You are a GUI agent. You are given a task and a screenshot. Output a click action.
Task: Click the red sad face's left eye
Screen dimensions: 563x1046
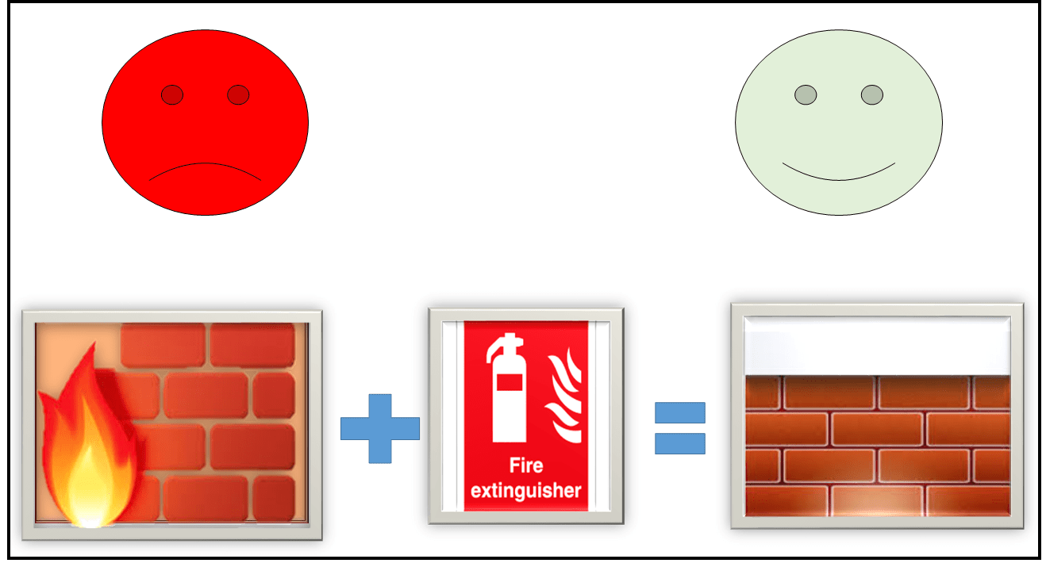point(172,95)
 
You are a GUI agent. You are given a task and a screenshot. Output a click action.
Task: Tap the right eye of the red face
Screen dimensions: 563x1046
point(238,95)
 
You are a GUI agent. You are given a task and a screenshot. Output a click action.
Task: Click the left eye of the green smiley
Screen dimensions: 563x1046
point(806,95)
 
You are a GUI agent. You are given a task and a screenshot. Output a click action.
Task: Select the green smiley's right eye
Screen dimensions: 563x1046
point(872,95)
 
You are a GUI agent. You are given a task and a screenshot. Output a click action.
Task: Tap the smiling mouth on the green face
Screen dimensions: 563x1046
point(839,172)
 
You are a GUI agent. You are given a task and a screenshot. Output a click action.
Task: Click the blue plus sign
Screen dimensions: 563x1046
point(379,428)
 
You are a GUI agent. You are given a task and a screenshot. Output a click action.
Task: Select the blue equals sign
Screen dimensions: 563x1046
point(679,428)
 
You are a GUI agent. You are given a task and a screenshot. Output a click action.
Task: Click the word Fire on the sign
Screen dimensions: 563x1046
point(526,466)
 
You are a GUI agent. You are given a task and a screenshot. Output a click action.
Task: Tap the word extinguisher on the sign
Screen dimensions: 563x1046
point(526,491)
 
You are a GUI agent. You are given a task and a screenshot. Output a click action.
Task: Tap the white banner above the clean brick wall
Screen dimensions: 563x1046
point(876,347)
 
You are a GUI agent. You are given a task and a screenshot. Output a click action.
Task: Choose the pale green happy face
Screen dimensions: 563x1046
point(839,123)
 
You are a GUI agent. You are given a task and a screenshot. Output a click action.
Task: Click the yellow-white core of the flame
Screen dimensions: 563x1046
point(89,488)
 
